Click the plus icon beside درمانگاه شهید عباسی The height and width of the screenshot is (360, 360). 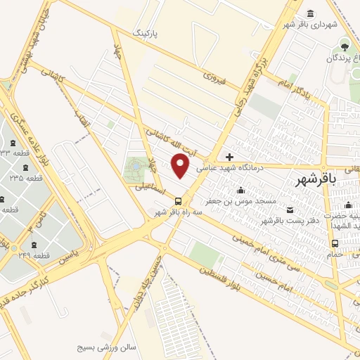click(x=229, y=157)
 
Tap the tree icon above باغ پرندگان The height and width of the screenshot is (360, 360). click(x=345, y=46)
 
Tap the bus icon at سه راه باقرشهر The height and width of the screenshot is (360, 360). click(x=177, y=201)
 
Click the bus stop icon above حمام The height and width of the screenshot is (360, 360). click(x=335, y=244)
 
